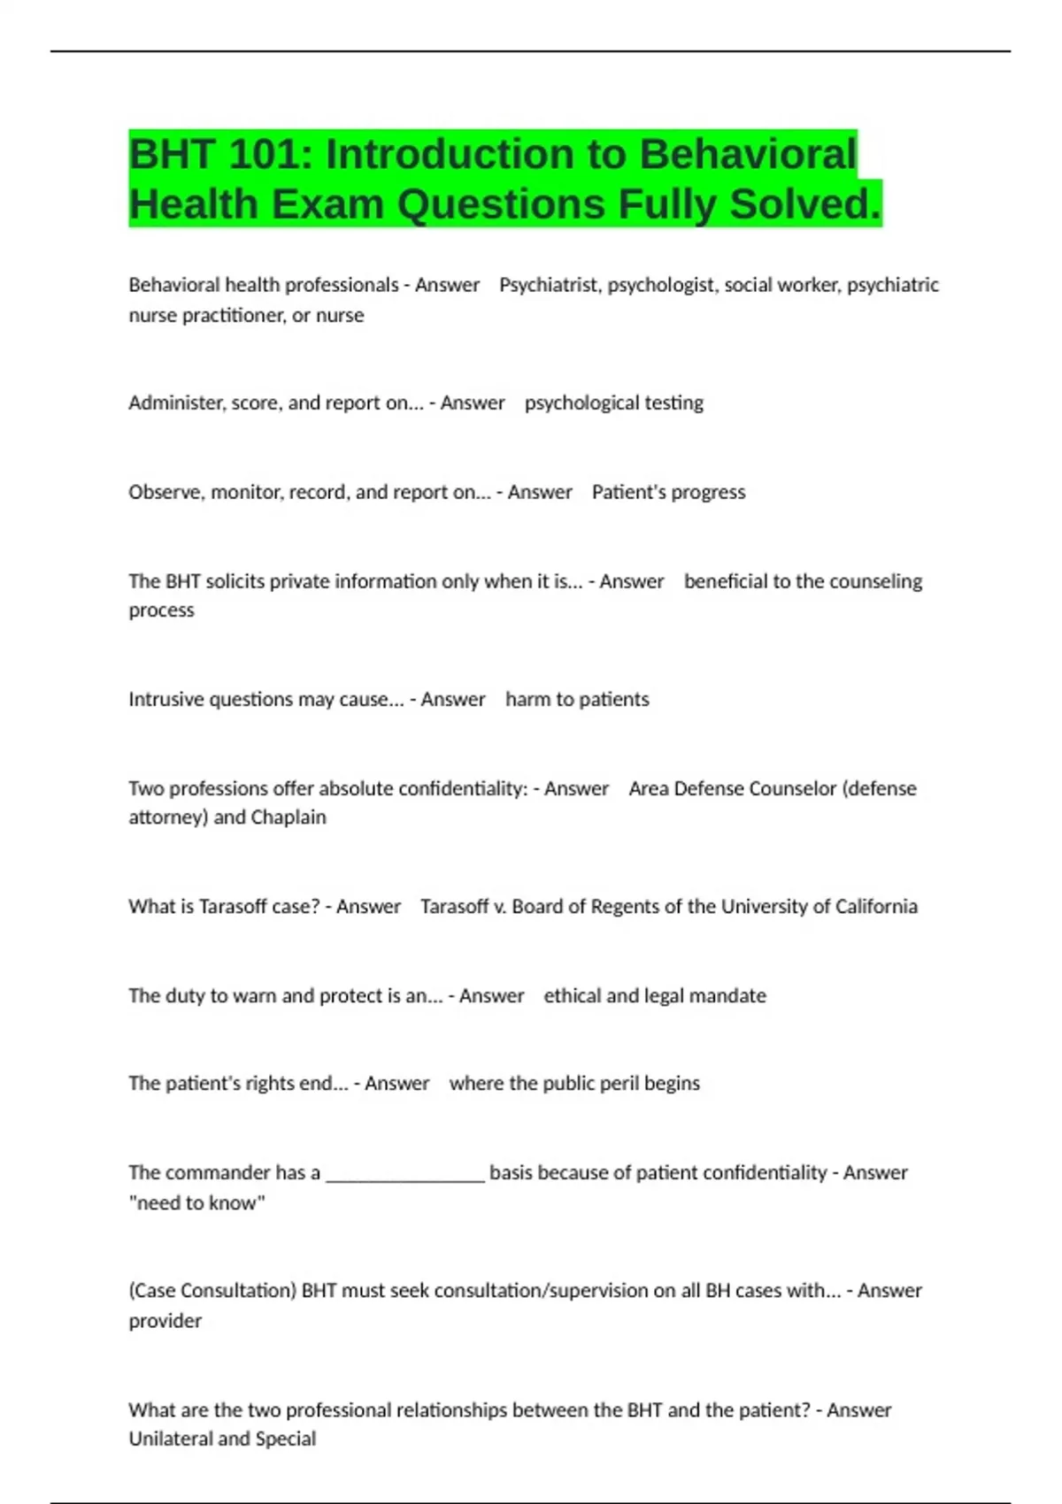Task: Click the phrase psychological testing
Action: (613, 403)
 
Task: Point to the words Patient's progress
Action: (668, 492)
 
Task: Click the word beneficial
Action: (726, 581)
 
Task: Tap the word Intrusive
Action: (166, 699)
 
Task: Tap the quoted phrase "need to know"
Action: (196, 1202)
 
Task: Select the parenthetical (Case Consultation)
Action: (212, 1291)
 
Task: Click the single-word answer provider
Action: (165, 1320)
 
